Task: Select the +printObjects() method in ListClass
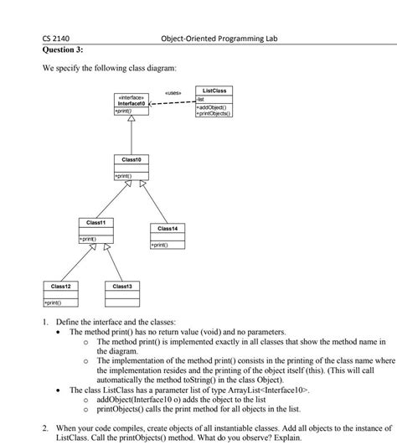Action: [214, 113]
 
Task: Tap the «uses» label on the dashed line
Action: [173, 93]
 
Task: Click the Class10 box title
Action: [131, 158]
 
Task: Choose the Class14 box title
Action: [167, 228]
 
